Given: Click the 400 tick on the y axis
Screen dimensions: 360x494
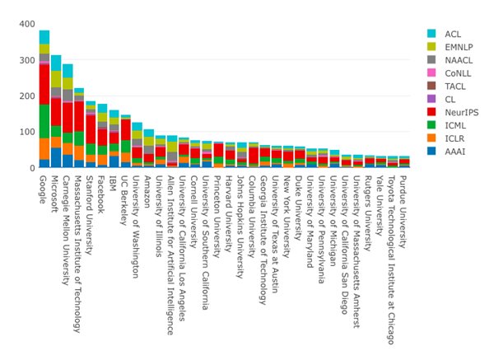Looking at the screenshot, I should (x=24, y=24).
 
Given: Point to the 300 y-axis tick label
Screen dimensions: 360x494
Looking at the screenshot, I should (x=24, y=60).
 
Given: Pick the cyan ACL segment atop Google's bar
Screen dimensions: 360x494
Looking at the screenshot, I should (x=44, y=36).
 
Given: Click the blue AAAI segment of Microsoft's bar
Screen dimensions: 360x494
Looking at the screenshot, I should (x=56, y=158).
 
